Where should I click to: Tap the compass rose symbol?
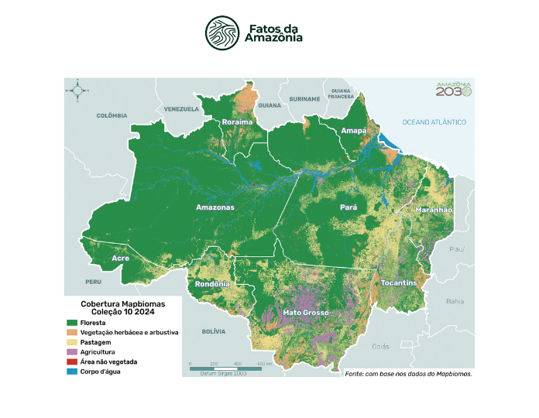tap(77, 91)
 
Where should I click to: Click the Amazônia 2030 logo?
tap(453, 89)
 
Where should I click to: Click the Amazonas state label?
tap(215, 207)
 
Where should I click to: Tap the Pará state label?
tap(347, 207)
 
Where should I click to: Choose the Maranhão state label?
tap(434, 210)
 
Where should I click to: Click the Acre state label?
tap(120, 258)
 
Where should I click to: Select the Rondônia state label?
tap(211, 283)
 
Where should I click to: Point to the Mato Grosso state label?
tap(306, 313)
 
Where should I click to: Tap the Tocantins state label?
tap(399, 283)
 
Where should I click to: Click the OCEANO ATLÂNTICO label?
tap(434, 122)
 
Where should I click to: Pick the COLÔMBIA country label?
tap(112, 115)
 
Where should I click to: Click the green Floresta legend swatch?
tap(71, 323)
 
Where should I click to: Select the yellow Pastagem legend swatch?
tap(71, 342)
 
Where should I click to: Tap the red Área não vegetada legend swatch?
tap(71, 361)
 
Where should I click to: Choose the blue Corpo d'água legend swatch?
tap(71, 372)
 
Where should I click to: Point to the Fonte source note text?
tap(408, 374)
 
